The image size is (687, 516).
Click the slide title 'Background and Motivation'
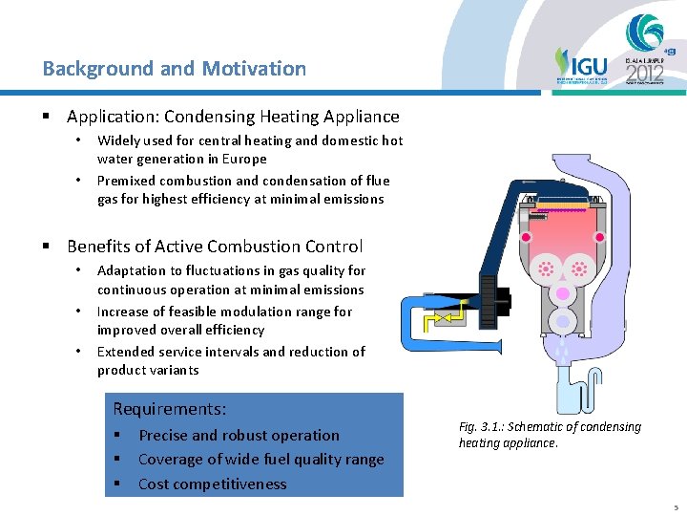coord(175,69)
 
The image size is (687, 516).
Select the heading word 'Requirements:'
coord(170,409)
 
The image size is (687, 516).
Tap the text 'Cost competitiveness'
coord(212,484)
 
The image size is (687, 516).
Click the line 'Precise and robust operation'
coord(239,436)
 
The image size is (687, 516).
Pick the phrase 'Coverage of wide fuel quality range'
coord(260,460)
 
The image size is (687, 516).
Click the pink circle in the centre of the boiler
coord(562,292)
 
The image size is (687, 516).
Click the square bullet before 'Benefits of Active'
coord(46,247)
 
